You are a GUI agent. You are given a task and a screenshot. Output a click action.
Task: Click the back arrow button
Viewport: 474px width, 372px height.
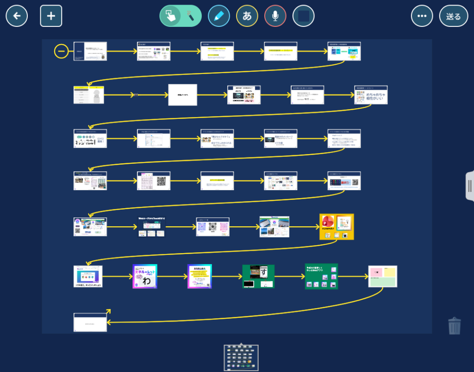pyautogui.click(x=17, y=16)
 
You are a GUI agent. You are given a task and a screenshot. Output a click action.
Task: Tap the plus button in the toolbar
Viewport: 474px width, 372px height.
pyautogui.click(x=51, y=16)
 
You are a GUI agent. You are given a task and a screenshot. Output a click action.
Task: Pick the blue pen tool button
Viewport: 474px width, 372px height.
pyautogui.click(x=219, y=16)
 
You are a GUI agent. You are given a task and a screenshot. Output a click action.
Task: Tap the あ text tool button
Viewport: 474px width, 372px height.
pyautogui.click(x=247, y=16)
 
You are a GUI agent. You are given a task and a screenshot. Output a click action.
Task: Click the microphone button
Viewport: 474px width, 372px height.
pyautogui.click(x=275, y=16)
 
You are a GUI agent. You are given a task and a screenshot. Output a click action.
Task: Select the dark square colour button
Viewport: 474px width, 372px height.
pyautogui.click(x=304, y=16)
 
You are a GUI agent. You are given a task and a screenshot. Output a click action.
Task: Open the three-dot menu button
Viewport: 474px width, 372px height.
pyautogui.click(x=422, y=16)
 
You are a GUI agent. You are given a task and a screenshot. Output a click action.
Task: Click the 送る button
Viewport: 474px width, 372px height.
pyautogui.click(x=454, y=16)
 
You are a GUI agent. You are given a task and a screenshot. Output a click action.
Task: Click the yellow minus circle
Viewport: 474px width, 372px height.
pyautogui.click(x=62, y=51)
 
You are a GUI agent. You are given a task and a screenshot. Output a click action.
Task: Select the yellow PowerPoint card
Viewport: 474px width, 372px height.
pyautogui.click(x=337, y=226)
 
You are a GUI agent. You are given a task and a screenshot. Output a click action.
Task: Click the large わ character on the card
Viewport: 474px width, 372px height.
pyautogui.click(x=146, y=281)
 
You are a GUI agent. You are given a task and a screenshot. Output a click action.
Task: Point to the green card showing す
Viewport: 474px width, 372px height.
pyautogui.click(x=258, y=276)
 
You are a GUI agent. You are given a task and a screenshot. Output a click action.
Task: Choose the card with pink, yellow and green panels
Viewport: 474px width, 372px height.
pyautogui.click(x=383, y=276)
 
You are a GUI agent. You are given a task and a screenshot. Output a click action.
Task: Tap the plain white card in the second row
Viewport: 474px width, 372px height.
pyautogui.click(x=182, y=95)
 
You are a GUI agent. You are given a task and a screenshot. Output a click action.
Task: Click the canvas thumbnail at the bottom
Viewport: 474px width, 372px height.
pyautogui.click(x=241, y=358)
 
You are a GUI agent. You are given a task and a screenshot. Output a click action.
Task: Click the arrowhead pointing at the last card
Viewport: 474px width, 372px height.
pyautogui.click(x=108, y=311)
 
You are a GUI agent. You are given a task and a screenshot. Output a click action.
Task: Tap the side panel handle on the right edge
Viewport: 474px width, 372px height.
pyautogui.click(x=469, y=186)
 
